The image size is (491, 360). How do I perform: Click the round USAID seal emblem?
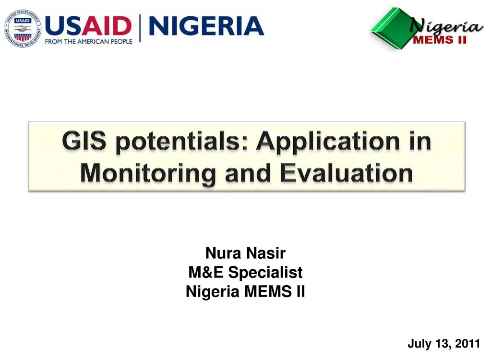23,28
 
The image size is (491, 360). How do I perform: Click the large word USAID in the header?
88,26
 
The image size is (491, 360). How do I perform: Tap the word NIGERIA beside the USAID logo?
206,26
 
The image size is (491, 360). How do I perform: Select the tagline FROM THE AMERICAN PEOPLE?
89,41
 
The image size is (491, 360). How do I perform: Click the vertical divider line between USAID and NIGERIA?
140,28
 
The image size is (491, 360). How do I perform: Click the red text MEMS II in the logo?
440,40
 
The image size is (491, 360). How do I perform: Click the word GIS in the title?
84,141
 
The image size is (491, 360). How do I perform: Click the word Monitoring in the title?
148,175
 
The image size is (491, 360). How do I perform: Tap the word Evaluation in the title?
347,173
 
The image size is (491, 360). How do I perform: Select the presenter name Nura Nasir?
246,253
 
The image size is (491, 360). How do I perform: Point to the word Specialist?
265,273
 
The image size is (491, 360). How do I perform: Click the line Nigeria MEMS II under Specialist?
246,292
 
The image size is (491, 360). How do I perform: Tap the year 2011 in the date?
467,343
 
